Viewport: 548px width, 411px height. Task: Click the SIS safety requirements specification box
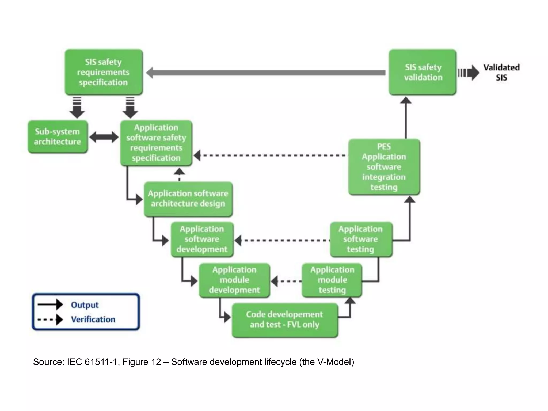coord(104,72)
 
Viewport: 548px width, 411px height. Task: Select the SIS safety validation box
coord(423,72)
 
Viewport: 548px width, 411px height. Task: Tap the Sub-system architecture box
coord(58,137)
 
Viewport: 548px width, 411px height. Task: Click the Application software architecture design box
coord(188,199)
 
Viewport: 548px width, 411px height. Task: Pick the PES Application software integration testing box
coord(384,167)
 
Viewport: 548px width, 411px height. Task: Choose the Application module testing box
coord(332,280)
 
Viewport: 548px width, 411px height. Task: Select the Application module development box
coord(234,280)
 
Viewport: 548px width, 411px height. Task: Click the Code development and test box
coord(285,319)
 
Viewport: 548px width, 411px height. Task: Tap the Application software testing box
coord(361,239)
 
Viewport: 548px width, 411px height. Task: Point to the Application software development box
coord(202,239)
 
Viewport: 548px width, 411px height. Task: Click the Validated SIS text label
coord(501,72)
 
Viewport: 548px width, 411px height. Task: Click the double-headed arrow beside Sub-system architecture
coord(104,137)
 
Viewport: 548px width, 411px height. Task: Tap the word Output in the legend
coord(85,305)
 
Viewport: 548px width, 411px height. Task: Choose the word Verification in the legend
coord(93,319)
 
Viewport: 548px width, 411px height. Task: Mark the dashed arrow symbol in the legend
coord(50,319)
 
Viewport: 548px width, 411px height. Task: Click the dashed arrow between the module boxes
coord(286,281)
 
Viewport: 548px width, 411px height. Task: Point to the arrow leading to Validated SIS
coord(468,73)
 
